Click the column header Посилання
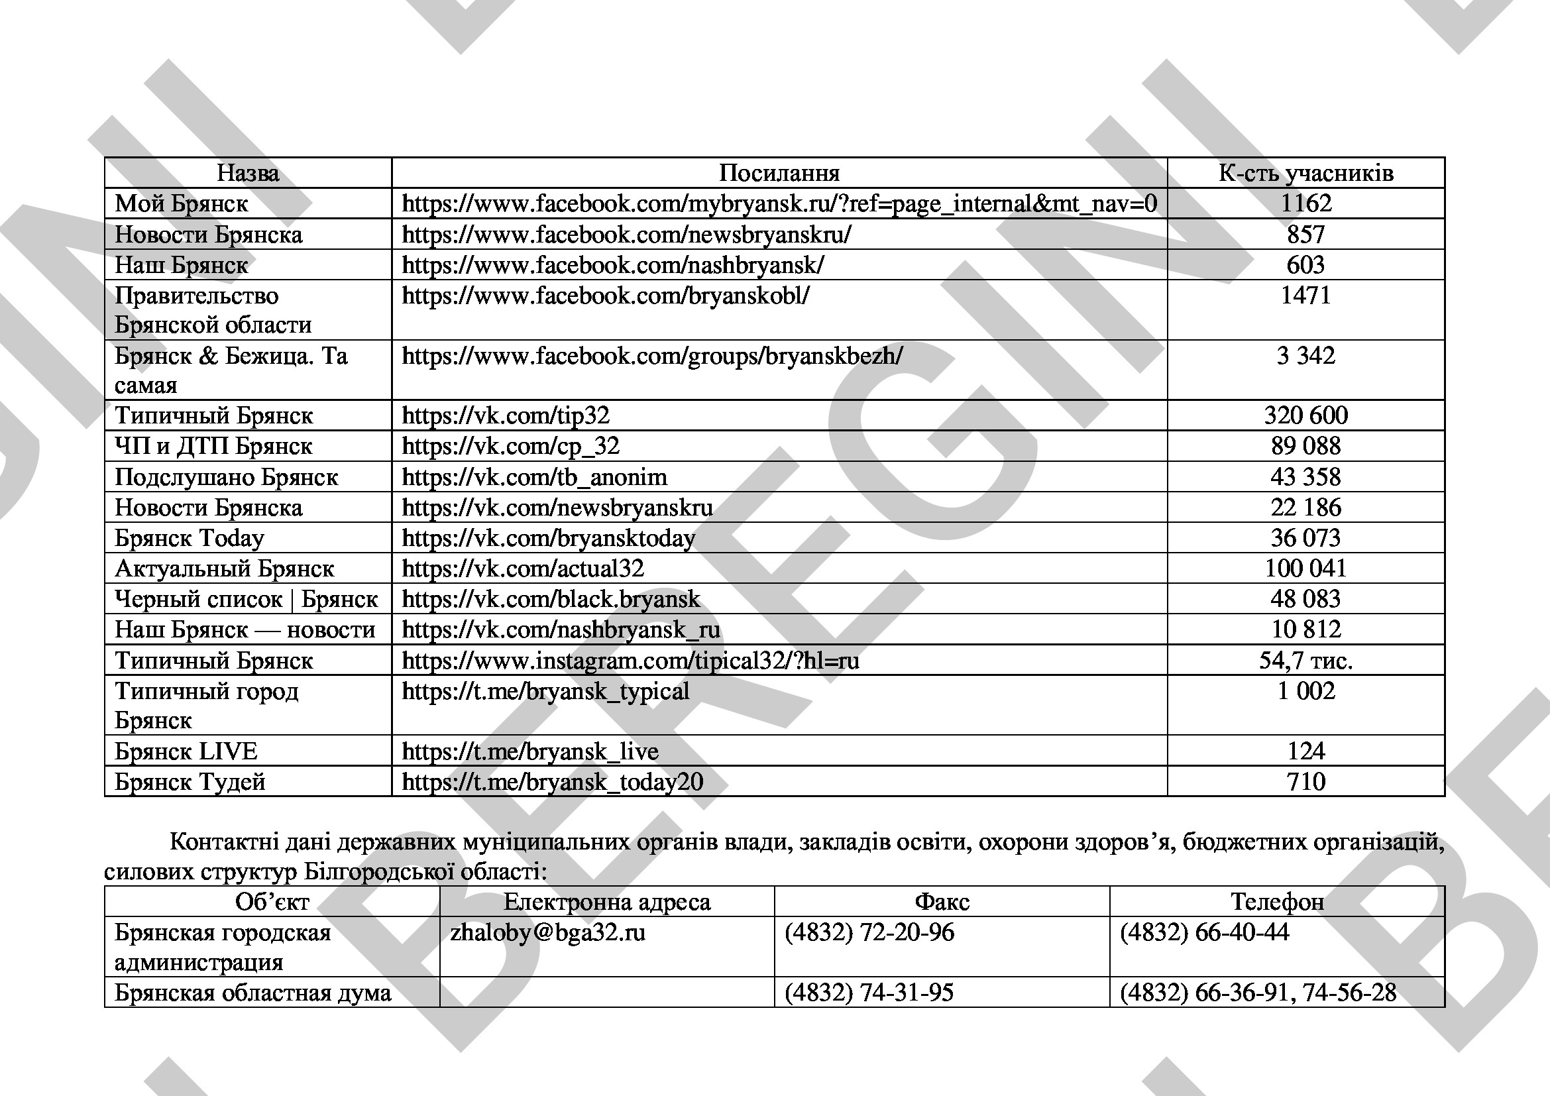pos(779,174)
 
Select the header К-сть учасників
pos(1305,174)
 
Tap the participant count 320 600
pos(1305,415)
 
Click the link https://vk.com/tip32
pos(506,415)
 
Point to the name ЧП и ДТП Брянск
pos(213,446)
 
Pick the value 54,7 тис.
pos(1305,660)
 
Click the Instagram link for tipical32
pos(630,660)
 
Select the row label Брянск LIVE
pos(186,751)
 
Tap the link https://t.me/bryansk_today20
pos(552,781)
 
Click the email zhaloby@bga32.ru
pos(547,933)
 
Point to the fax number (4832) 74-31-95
pos(869,993)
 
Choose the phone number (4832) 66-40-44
pos(1204,933)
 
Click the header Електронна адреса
pos(607,903)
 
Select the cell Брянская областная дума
pos(252,993)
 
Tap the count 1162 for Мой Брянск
pos(1305,204)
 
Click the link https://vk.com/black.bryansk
pos(551,599)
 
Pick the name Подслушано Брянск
pos(226,477)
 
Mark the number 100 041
pos(1305,569)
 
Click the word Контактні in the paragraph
pos(223,842)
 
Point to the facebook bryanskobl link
pos(606,296)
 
